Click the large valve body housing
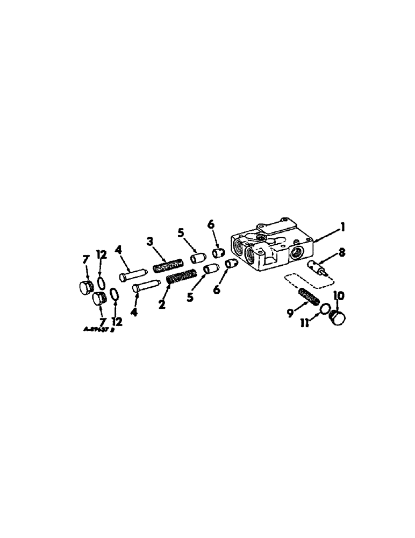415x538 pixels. [269, 248]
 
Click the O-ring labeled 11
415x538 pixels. [324, 309]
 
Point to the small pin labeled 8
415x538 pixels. [318, 267]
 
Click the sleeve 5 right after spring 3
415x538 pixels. [198, 259]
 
